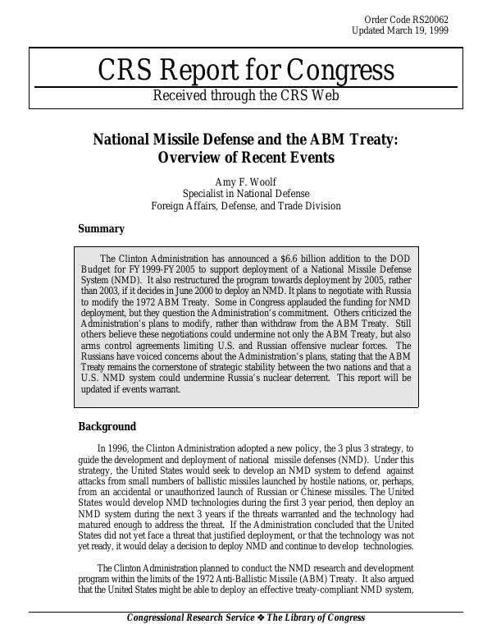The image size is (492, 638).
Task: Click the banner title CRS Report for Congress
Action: (246, 71)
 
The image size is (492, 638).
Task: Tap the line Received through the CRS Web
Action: (246, 96)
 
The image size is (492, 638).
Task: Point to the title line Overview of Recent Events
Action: (246, 157)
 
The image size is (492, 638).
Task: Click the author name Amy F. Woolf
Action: (246, 181)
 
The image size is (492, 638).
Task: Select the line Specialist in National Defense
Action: (246, 194)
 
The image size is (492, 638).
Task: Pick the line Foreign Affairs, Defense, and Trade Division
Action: (246, 206)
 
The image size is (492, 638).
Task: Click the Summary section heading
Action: (101, 229)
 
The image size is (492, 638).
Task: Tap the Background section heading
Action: (107, 426)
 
